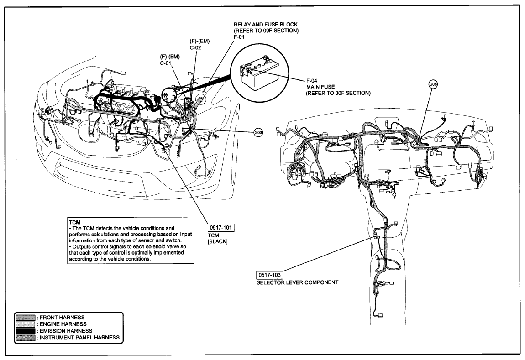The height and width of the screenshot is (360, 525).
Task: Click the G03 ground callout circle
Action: [x=258, y=133]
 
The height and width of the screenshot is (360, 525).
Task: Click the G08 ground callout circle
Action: [x=433, y=84]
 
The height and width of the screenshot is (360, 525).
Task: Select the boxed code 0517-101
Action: [x=220, y=228]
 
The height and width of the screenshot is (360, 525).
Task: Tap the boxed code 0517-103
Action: [x=269, y=275]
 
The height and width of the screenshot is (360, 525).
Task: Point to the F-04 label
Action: [x=312, y=81]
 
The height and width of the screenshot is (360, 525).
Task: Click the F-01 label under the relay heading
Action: [x=239, y=37]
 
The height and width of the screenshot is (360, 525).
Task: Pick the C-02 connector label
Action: [x=195, y=47]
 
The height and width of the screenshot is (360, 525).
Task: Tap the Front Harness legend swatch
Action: [x=26, y=318]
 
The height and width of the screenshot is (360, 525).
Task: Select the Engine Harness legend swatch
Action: [x=26, y=324]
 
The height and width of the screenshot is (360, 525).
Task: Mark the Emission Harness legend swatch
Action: [x=26, y=331]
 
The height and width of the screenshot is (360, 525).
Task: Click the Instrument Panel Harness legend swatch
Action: [x=26, y=338]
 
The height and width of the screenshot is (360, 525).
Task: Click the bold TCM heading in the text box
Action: [x=75, y=222]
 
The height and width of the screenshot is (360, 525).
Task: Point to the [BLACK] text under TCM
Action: [x=218, y=241]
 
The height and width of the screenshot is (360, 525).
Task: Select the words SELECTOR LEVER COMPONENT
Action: [x=297, y=282]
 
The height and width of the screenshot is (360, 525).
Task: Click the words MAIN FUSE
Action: [x=320, y=87]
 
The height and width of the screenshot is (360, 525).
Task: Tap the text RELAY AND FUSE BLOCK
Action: [x=266, y=25]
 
